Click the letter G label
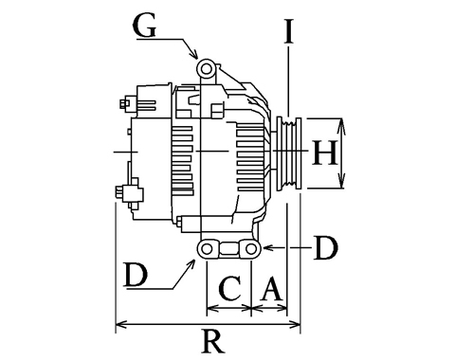coord(145,26)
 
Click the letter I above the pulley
coord(288,31)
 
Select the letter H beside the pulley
coord(324,153)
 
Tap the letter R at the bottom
coord(213,342)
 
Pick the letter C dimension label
coord(230,288)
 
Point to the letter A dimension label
coord(271,288)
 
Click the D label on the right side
coord(326,248)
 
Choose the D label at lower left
coord(136,276)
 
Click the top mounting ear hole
coord(206,68)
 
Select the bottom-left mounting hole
coord(207,249)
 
